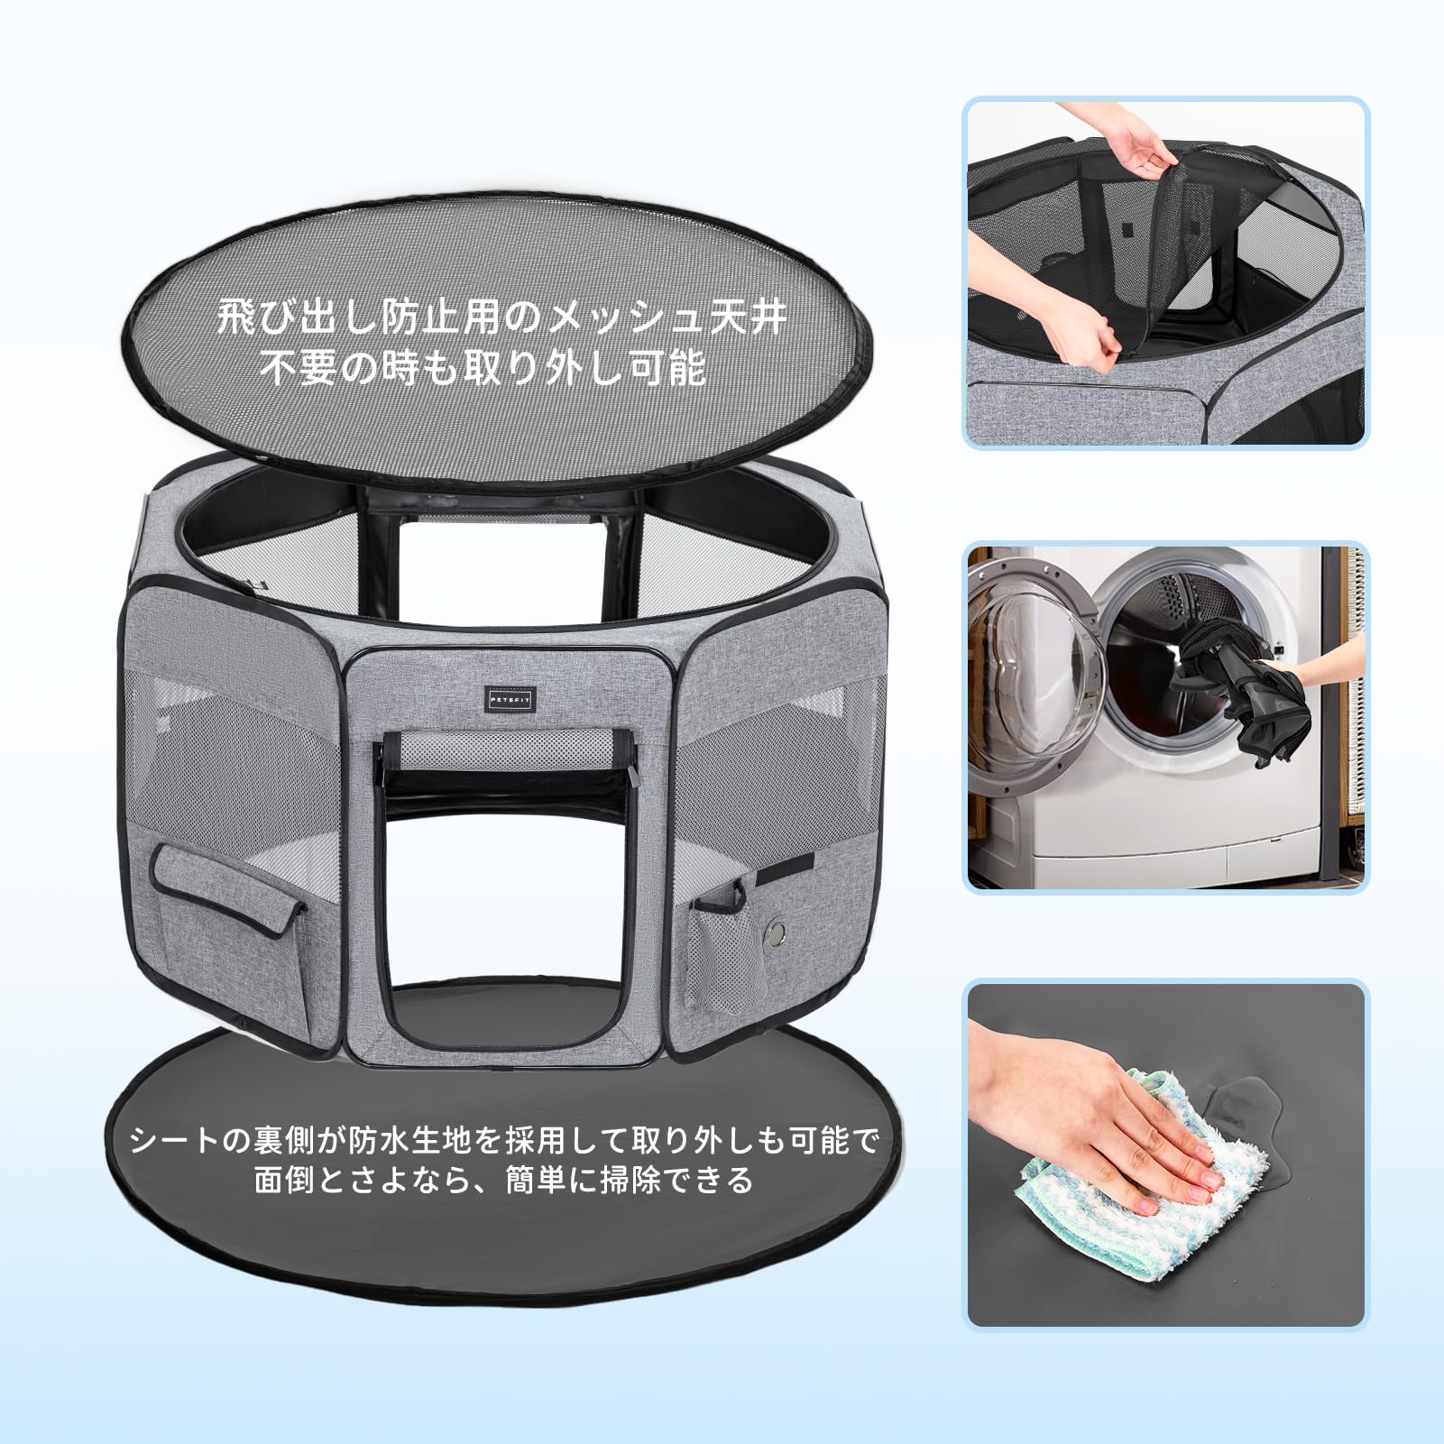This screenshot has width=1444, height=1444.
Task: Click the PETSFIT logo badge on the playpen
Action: tap(510, 699)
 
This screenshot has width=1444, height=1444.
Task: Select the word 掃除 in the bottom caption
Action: tap(631, 1180)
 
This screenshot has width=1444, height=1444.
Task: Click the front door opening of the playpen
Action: tap(510, 902)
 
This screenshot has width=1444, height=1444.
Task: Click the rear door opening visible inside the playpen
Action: tap(501, 568)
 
